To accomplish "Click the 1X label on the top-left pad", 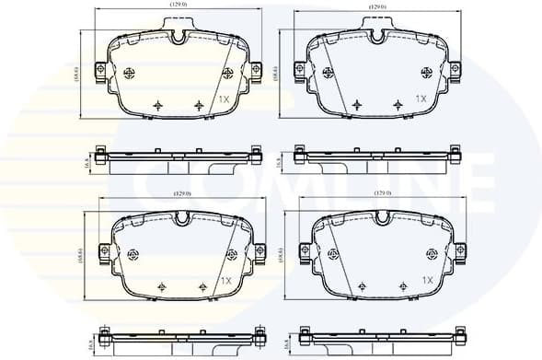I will tap(224, 98).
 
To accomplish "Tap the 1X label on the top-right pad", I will tap(421, 98).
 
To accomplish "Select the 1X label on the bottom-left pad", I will tap(225, 280).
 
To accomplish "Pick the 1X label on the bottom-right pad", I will tap(426, 280).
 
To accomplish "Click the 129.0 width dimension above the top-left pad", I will tap(178, 6).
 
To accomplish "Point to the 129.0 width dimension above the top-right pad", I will tap(377, 6).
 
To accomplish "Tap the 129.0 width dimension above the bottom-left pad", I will tap(181, 192).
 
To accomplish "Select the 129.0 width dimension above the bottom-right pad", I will tap(381, 192).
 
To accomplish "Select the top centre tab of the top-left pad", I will tap(179, 38).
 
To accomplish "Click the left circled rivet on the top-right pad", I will tap(328, 75).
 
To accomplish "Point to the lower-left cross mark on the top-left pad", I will tap(158, 105).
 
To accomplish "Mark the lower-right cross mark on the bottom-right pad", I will tap(402, 287).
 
